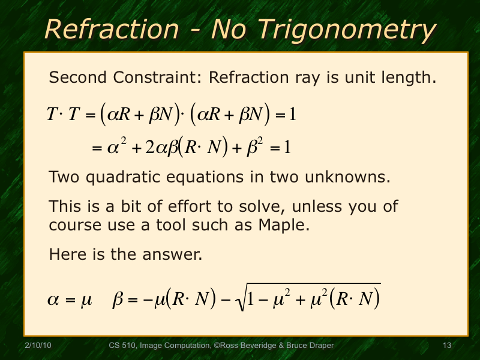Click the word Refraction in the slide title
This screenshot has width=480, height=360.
[112, 29]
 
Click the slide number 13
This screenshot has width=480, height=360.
[446, 346]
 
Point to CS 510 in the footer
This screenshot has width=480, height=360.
[122, 346]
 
